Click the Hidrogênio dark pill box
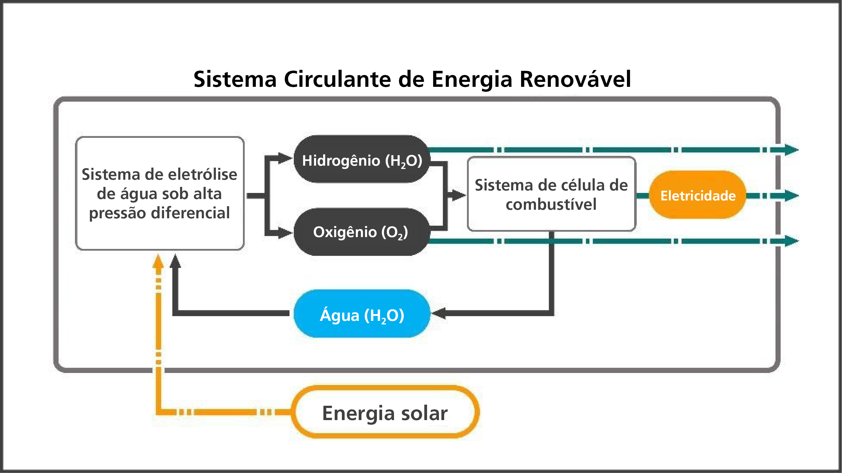[x=362, y=159]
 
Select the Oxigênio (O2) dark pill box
[x=362, y=232]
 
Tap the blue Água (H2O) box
[x=362, y=313]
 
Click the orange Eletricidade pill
[x=698, y=195]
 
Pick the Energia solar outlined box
[x=385, y=412]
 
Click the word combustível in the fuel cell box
[x=551, y=205]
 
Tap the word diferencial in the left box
[x=191, y=213]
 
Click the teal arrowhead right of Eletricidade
[x=791, y=196]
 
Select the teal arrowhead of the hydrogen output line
[x=791, y=150]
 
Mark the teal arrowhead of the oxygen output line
[x=791, y=241]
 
